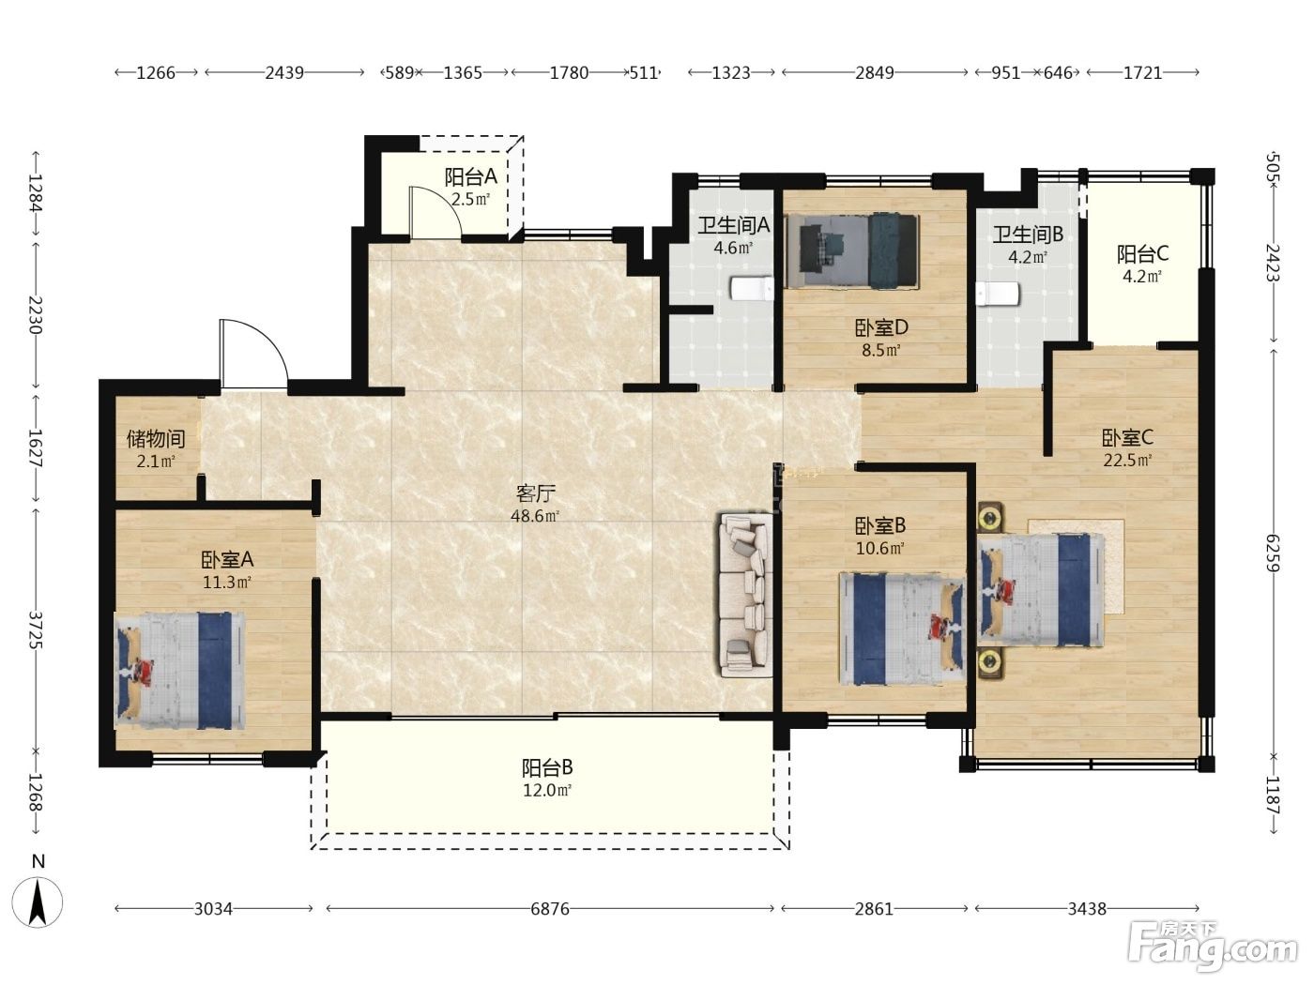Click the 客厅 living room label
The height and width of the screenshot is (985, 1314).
(x=535, y=493)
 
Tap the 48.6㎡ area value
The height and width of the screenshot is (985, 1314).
(x=535, y=516)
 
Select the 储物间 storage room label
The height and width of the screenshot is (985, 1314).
(x=156, y=439)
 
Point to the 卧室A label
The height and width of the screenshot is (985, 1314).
(x=227, y=560)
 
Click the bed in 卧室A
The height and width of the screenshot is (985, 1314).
(x=179, y=671)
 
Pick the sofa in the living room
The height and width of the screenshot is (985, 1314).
(x=745, y=595)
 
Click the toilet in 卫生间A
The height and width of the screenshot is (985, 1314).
(x=751, y=288)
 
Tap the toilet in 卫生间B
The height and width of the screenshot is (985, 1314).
(x=997, y=295)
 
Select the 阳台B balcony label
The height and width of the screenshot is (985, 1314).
(x=547, y=766)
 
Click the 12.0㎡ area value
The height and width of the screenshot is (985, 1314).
(x=547, y=790)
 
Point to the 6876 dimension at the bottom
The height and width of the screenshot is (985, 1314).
(x=550, y=908)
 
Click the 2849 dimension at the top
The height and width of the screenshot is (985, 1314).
(x=874, y=72)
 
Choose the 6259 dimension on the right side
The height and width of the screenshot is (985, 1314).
(x=1273, y=553)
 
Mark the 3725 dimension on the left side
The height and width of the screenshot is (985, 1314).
(x=36, y=629)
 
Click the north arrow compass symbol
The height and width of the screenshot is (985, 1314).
(x=38, y=902)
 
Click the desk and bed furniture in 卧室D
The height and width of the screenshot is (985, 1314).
(x=851, y=250)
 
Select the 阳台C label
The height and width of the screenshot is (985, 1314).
(x=1142, y=254)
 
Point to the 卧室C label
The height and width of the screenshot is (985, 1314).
(x=1127, y=438)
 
